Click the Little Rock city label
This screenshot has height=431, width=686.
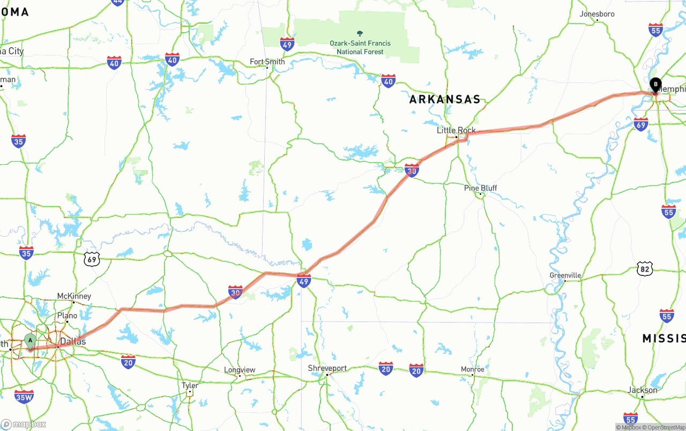coord(456,130)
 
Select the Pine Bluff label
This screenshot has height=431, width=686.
coord(480,188)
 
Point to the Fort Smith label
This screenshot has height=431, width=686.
coord(267,62)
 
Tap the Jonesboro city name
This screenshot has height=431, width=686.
coord(597,14)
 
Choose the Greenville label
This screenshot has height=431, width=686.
coord(565,275)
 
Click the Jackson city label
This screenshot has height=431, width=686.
coord(642,390)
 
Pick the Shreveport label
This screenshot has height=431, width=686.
coord(327,368)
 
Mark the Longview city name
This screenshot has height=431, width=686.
coord(240,370)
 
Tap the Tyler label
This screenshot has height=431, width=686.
coord(190,385)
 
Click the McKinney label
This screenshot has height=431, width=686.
coord(74,296)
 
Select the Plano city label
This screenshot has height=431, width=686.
coord(68,316)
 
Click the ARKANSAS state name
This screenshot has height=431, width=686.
coord(445,100)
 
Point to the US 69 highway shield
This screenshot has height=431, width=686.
coord(92,260)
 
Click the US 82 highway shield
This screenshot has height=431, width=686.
coord(645,269)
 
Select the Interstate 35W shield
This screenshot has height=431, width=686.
coord(24,397)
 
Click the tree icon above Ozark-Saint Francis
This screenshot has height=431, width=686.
coord(360,34)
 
